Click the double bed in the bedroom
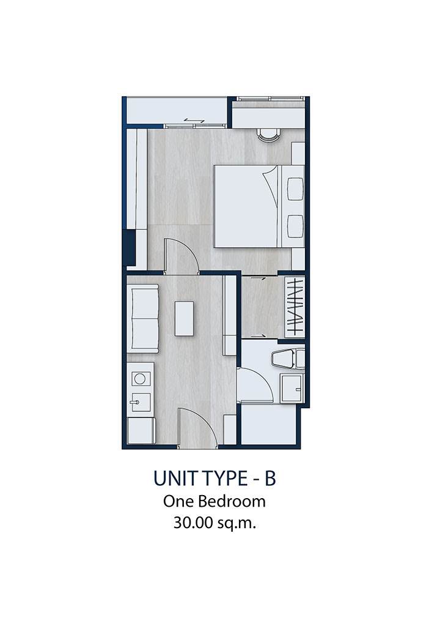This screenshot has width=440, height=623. pos(259,206)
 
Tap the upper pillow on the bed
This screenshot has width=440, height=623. pos(295,189)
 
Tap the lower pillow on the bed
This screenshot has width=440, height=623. pos(295,226)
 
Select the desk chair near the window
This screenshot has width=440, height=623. pos(269,135)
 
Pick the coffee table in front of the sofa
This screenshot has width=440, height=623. pos(184,319)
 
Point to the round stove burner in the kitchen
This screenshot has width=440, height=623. pos(139,379)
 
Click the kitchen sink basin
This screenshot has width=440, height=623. pos(141,403)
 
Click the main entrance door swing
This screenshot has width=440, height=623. pos(197,427)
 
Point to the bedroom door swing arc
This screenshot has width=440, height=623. pos(181,256)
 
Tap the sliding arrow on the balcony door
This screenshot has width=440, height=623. pos(194,121)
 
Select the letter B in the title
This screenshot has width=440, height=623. pos(269,479)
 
